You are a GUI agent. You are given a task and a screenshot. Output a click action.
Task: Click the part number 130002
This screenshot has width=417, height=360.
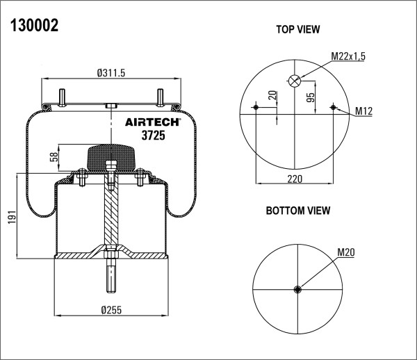coord(34,26)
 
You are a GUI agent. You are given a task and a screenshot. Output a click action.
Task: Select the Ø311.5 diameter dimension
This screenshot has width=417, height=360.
coord(111,73)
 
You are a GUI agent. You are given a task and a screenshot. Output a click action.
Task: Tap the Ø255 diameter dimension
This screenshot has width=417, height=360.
coord(111,310)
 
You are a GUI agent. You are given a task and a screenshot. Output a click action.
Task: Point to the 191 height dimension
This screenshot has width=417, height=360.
coord(12,217)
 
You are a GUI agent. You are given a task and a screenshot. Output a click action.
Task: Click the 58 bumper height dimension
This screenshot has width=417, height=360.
coord(54,157)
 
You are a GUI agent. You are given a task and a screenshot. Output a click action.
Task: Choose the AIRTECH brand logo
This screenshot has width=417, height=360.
coord(153,122)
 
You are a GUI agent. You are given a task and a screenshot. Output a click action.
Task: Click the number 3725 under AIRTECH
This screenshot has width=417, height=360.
coord(153,136)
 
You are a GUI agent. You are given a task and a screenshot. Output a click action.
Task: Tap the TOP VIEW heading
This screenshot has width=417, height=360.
coord(298,29)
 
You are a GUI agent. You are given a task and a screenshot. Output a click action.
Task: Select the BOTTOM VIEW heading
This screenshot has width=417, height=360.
coord(298,211)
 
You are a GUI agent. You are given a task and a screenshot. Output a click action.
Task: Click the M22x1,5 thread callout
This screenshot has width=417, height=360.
coord(348,56)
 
